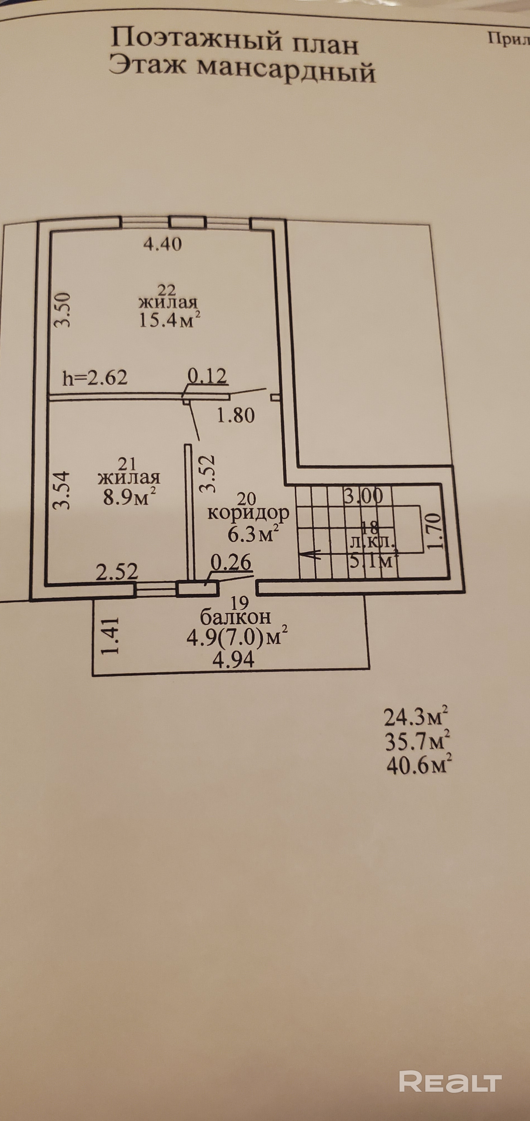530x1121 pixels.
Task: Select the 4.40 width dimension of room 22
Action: [x=162, y=244]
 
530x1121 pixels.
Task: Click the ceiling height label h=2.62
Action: [x=95, y=378]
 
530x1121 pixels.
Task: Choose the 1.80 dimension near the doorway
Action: [x=235, y=416]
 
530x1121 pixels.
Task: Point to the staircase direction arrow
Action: [x=311, y=554]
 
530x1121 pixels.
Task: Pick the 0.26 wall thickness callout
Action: [x=231, y=563]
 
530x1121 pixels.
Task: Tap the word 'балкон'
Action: [x=235, y=617]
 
